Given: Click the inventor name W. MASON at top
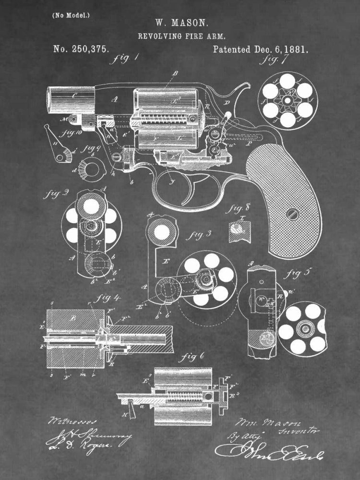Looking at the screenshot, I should (181, 23).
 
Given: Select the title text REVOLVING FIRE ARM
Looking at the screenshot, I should (182, 36).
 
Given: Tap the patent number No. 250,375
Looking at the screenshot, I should (80, 49).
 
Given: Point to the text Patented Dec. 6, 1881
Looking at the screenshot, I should (260, 49).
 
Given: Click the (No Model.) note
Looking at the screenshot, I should (71, 15).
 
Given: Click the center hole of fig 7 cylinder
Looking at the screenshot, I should (288, 100).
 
